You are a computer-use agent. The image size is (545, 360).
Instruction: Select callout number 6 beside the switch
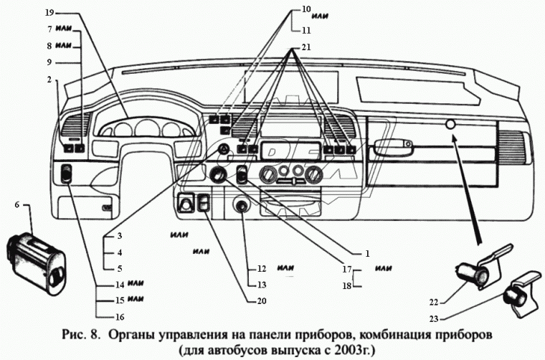click(x=16, y=206)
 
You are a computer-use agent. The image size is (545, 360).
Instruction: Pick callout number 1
click(x=366, y=253)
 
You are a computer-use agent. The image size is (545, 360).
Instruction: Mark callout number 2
click(x=49, y=80)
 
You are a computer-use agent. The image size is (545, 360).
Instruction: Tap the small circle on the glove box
click(x=450, y=125)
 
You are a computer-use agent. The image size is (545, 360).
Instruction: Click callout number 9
click(x=49, y=62)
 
